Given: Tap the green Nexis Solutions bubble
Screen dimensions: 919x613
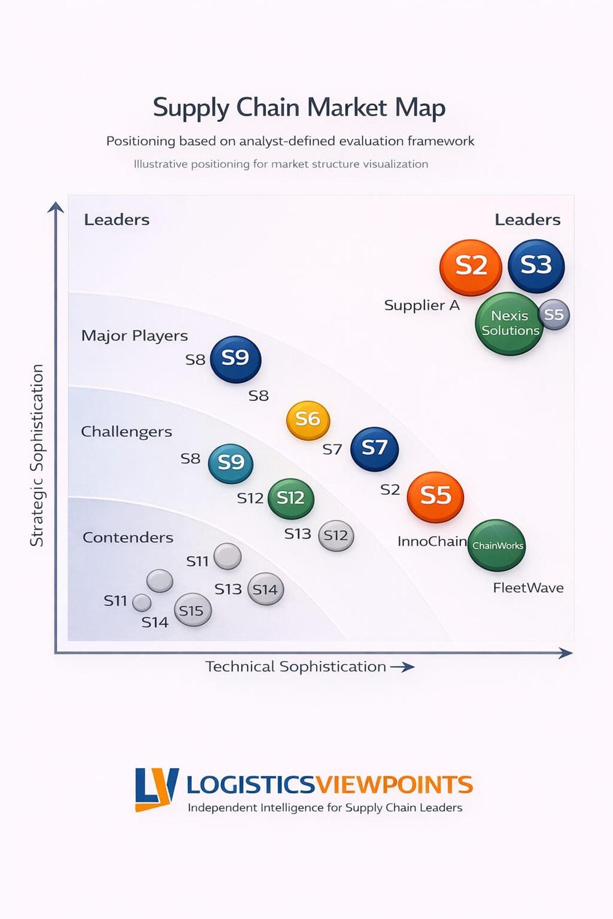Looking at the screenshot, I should [x=509, y=324].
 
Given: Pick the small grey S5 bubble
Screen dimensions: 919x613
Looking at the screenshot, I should [x=554, y=315].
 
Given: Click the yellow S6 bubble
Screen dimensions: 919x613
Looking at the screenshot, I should [x=308, y=420].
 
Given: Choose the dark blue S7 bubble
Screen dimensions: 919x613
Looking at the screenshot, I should [x=374, y=449].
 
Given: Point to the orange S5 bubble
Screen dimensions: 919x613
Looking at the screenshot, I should [x=435, y=496].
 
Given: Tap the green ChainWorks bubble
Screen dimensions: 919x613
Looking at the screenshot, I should [x=497, y=545].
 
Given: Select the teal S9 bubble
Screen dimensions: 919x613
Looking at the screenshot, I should [x=230, y=463].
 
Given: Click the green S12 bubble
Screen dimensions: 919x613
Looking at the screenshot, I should [x=291, y=498].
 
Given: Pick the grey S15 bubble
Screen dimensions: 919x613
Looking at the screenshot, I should [x=192, y=610].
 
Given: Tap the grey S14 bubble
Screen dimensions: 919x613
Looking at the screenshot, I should [x=265, y=590].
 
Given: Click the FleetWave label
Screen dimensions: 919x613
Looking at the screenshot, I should [x=528, y=588].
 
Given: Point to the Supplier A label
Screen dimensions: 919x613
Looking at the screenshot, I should [x=422, y=305].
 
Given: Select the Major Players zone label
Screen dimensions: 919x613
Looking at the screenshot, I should [x=134, y=336].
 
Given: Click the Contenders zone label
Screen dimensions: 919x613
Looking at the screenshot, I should [x=128, y=538].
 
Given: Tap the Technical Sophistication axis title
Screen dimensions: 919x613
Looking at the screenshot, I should [x=296, y=667].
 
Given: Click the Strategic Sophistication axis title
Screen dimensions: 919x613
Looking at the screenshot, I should [x=37, y=455].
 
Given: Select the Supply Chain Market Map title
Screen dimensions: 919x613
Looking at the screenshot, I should [x=299, y=108].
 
